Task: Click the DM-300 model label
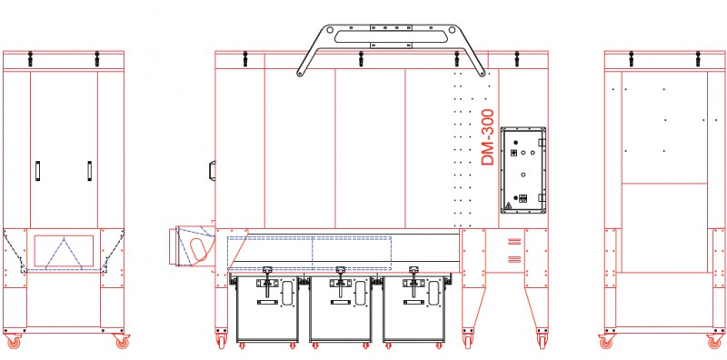click(488, 137)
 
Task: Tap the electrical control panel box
click(523, 170)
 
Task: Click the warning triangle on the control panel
click(508, 205)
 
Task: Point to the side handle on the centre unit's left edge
click(213, 170)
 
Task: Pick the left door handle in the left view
click(37, 171)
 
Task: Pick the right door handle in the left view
click(89, 171)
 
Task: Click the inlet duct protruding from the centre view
click(192, 245)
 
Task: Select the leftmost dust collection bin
click(266, 309)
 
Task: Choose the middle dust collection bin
click(341, 309)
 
